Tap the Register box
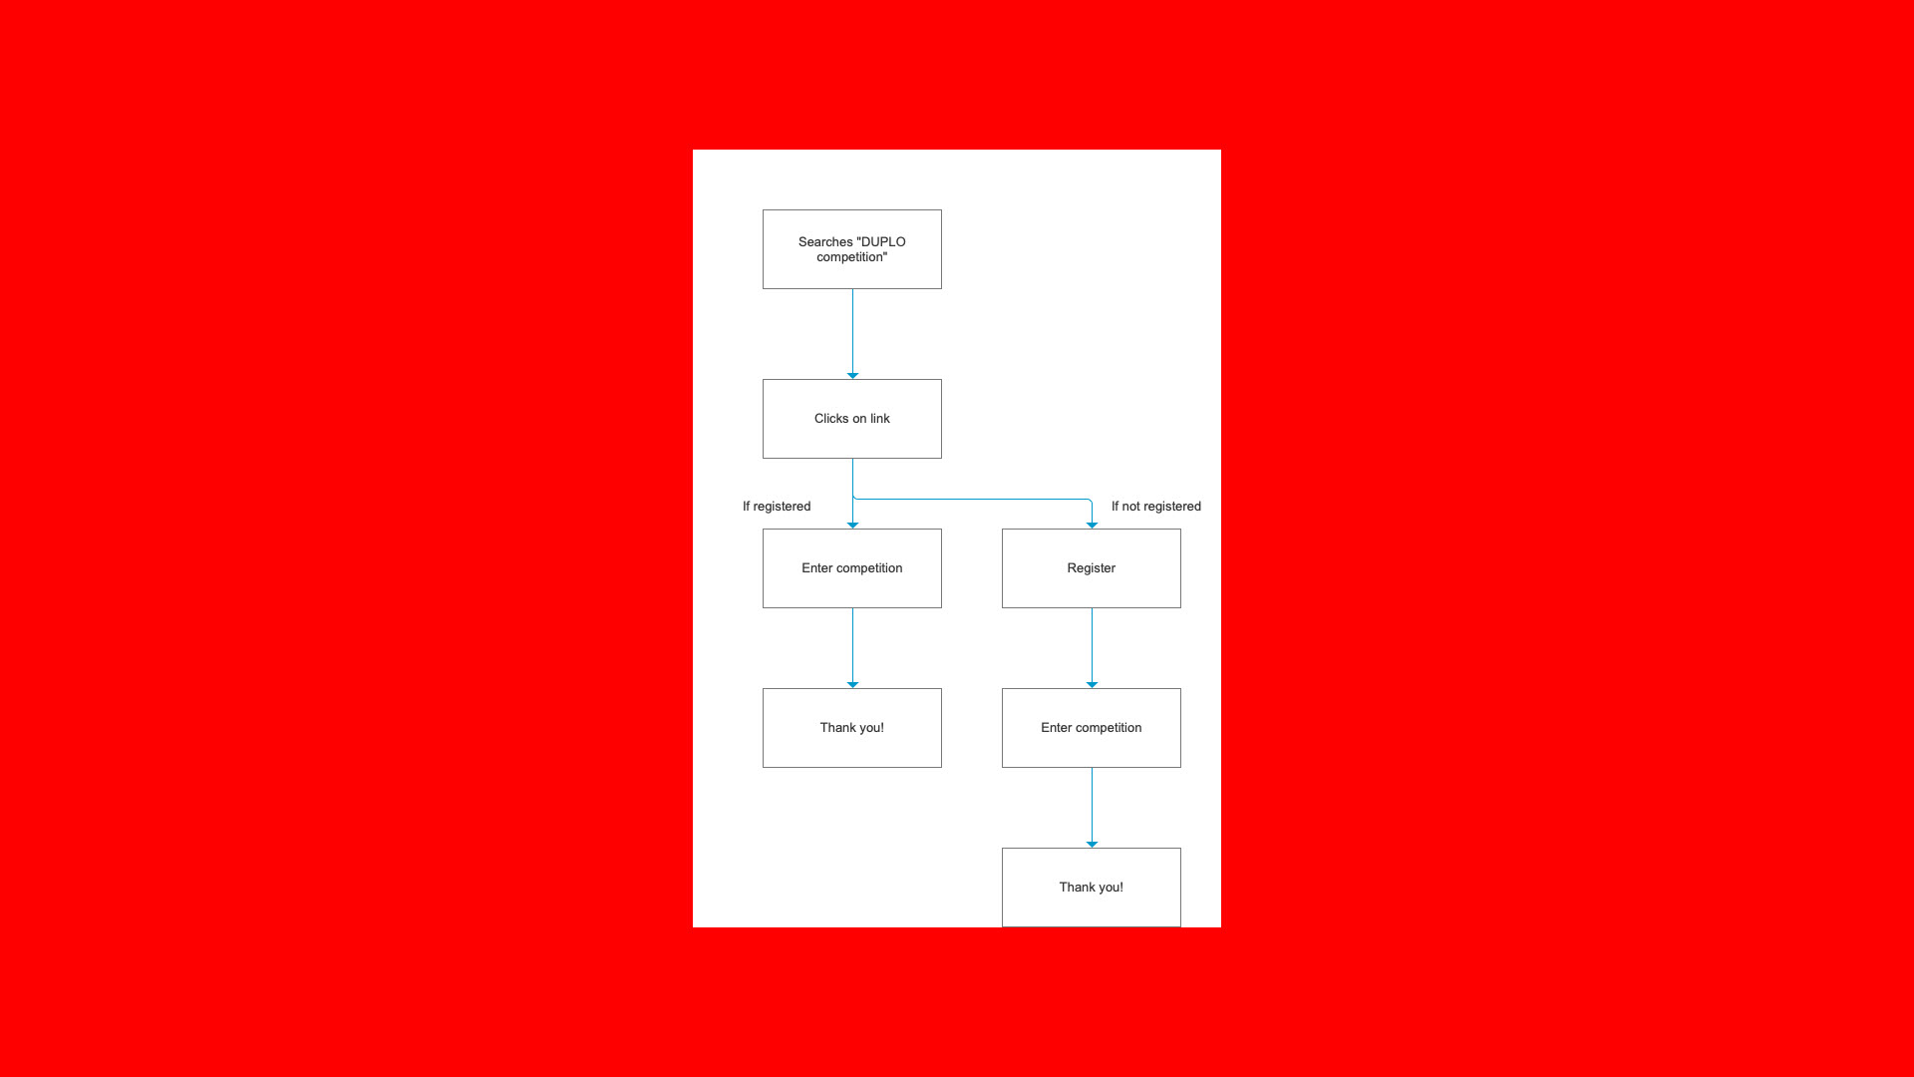tap(1091, 568)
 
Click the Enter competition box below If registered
tap(851, 568)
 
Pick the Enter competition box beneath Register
tap(1091, 728)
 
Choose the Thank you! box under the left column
tap(851, 728)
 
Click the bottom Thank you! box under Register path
tap(1091, 888)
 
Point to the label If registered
tap(777, 507)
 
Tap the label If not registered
tap(1155, 507)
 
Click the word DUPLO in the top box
tap(883, 242)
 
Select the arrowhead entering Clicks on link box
tap(852, 375)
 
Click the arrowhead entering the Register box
tap(1092, 525)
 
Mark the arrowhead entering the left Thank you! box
tap(852, 684)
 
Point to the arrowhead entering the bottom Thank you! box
tap(1092, 844)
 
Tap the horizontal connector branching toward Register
tap(972, 499)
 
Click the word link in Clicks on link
tap(879, 419)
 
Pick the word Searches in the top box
tap(825, 242)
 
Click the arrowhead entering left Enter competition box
tap(852, 525)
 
